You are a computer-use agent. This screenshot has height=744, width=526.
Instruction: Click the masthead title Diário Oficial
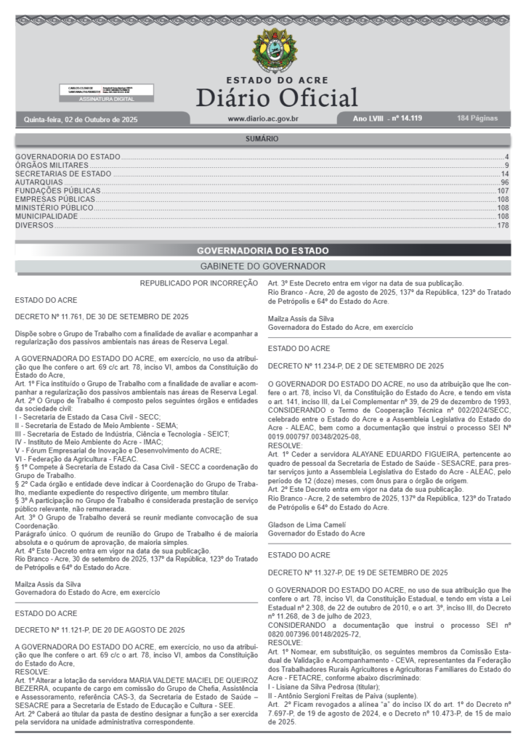pyautogui.click(x=276, y=97)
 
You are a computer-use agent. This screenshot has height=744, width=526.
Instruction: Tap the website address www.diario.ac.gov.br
pyautogui.click(x=263, y=118)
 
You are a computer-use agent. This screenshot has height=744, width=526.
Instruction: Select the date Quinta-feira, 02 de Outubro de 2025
pyautogui.click(x=81, y=118)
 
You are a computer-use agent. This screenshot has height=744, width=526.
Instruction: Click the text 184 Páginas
pyautogui.click(x=477, y=118)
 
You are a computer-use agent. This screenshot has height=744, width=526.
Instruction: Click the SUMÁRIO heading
pyautogui.click(x=262, y=138)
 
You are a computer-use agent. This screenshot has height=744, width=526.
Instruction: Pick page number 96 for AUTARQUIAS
pyautogui.click(x=504, y=182)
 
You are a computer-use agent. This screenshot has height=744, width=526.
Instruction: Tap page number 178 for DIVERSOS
pyautogui.click(x=503, y=226)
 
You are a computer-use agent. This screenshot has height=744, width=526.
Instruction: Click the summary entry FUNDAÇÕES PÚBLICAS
pyautogui.click(x=58, y=191)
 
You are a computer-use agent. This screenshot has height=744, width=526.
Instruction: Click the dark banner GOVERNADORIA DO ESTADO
pyautogui.click(x=262, y=251)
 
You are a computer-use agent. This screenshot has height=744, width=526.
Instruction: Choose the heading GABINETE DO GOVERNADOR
pyautogui.click(x=262, y=267)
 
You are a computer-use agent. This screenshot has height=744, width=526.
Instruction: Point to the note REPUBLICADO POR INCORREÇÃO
pyautogui.click(x=198, y=283)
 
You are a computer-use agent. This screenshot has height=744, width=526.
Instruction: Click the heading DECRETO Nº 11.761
pyautogui.click(x=102, y=317)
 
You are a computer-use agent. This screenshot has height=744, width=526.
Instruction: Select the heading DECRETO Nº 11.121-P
pyautogui.click(x=100, y=629)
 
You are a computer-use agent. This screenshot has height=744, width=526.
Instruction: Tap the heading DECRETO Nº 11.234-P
pyautogui.click(x=356, y=365)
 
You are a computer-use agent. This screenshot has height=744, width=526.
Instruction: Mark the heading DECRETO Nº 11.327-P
pyautogui.click(x=357, y=573)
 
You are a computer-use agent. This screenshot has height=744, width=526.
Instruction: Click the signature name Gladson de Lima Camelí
pyautogui.click(x=305, y=524)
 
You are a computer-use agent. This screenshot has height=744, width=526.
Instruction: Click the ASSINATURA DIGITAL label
pyautogui.click(x=106, y=99)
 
